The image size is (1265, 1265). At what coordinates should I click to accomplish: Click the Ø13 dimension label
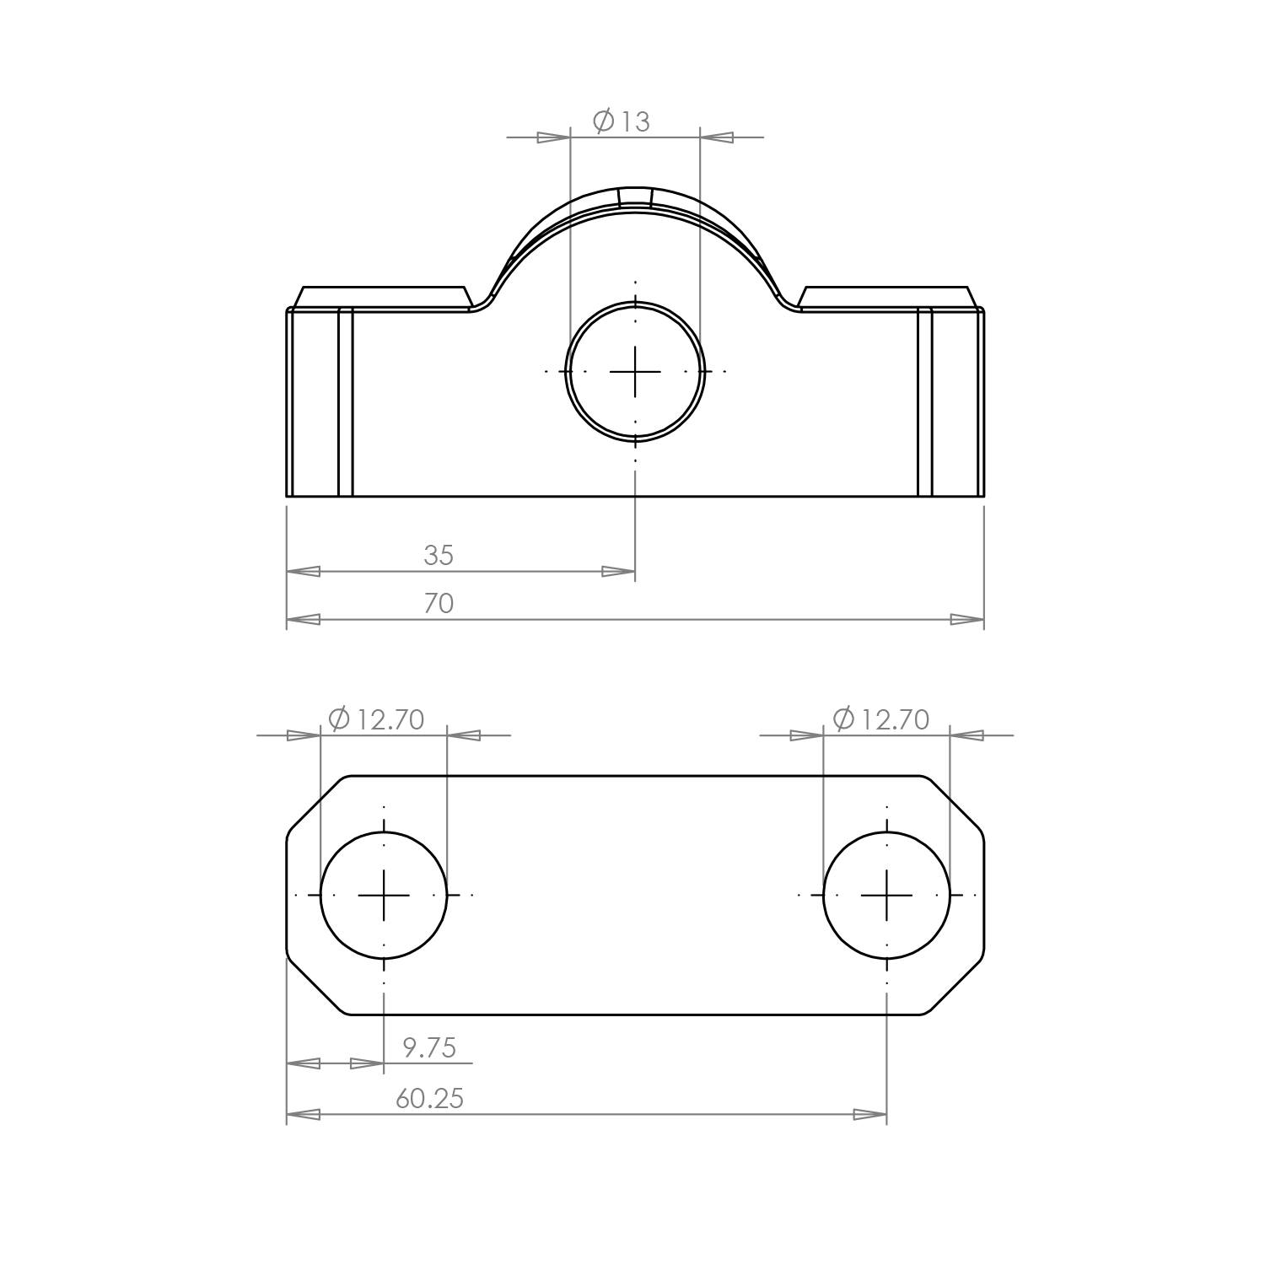coord(622,121)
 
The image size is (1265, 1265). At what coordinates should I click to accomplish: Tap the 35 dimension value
coord(439,555)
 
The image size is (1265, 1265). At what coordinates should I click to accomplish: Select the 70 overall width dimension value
coord(439,603)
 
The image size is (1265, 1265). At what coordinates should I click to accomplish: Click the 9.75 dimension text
coord(429,1047)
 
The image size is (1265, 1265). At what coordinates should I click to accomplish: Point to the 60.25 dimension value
coord(430,1098)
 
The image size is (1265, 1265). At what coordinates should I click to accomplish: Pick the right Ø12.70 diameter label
coord(880,719)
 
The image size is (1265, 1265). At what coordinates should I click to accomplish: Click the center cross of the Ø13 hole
coord(635,371)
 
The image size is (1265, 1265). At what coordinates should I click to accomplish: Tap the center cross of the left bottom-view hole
coord(384,895)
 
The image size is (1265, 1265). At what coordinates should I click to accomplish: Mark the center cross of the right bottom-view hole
coord(886,895)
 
